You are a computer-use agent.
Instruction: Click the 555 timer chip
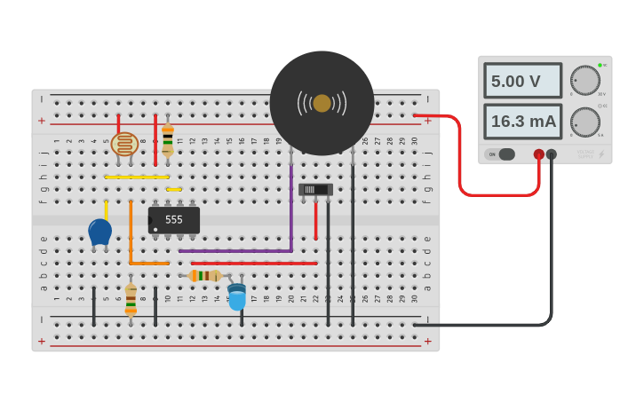click(x=174, y=219)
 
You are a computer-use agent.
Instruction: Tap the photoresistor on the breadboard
click(x=124, y=144)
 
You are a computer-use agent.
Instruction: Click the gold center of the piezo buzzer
click(x=322, y=103)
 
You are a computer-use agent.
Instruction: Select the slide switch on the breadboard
click(x=314, y=189)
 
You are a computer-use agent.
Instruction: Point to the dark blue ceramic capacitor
click(x=99, y=233)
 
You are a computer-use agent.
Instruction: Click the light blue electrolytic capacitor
click(x=236, y=296)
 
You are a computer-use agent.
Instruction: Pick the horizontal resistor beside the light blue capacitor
click(x=204, y=276)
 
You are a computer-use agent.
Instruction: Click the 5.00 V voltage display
click(x=522, y=81)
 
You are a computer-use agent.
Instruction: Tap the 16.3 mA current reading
click(x=522, y=122)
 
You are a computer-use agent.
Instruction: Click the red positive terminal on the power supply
click(x=538, y=154)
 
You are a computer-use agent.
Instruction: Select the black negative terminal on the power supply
click(x=552, y=154)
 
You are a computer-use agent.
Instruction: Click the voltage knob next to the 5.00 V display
click(x=584, y=81)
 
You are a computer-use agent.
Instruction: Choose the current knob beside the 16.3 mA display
click(x=584, y=122)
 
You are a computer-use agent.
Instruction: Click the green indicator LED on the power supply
click(x=600, y=65)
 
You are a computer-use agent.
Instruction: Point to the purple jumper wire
click(x=290, y=213)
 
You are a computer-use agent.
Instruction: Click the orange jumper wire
click(x=131, y=235)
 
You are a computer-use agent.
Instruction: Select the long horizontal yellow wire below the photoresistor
click(x=136, y=177)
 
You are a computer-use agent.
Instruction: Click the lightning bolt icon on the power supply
click(x=601, y=154)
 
